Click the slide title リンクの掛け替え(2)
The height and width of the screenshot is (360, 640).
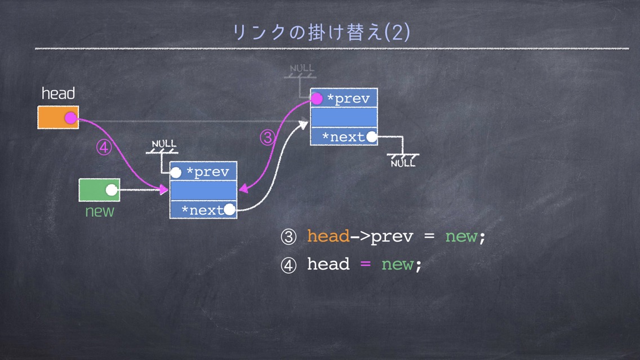pyautogui.click(x=321, y=32)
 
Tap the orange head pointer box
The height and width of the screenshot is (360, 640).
pyautogui.click(x=58, y=118)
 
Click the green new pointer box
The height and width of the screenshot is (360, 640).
pyautogui.click(x=99, y=190)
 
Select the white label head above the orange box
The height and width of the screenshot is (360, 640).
pyautogui.click(x=59, y=94)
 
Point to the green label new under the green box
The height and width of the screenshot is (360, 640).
pyautogui.click(x=100, y=211)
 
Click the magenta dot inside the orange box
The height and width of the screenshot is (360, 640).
pyautogui.click(x=70, y=118)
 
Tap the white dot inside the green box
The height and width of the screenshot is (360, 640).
pyautogui.click(x=112, y=190)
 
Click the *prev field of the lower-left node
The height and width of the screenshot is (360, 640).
pyautogui.click(x=203, y=171)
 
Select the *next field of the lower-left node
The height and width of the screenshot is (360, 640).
pyautogui.click(x=203, y=210)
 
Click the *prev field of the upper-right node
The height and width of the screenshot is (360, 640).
pyautogui.click(x=344, y=99)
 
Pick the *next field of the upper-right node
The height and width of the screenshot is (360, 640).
pyautogui.click(x=344, y=136)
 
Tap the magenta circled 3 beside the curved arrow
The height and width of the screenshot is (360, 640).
pyautogui.click(x=268, y=137)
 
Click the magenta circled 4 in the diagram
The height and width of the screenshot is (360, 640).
pyautogui.click(x=104, y=147)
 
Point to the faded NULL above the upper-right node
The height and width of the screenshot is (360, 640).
pyautogui.click(x=301, y=68)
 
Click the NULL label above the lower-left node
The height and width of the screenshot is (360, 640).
pyautogui.click(x=164, y=144)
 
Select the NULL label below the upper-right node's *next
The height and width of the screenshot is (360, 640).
pyautogui.click(x=403, y=163)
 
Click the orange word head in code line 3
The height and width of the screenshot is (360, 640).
pyautogui.click(x=328, y=236)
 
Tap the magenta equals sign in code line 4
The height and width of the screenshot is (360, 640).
pyautogui.click(x=365, y=264)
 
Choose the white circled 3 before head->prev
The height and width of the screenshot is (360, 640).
pyautogui.click(x=288, y=237)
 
